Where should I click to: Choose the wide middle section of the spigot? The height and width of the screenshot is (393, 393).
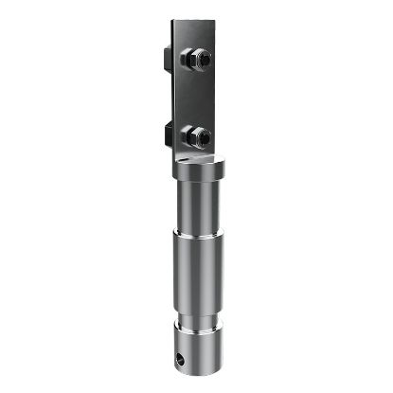[200, 275]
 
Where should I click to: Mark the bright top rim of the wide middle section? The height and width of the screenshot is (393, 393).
[200, 236]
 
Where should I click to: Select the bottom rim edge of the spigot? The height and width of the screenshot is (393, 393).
[201, 370]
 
